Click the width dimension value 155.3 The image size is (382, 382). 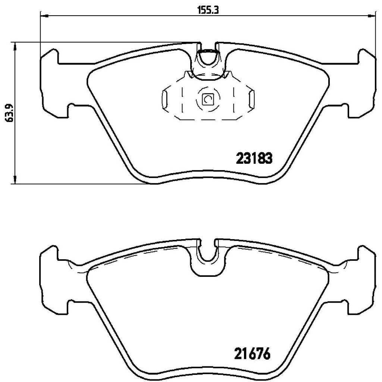tap(208, 10)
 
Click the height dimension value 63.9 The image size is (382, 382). tap(10, 113)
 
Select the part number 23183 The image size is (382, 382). tap(254, 159)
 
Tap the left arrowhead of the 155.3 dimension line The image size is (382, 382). tap(43, 16)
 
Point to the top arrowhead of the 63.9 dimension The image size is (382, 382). tap(15, 46)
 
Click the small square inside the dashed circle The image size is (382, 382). tap(207, 99)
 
